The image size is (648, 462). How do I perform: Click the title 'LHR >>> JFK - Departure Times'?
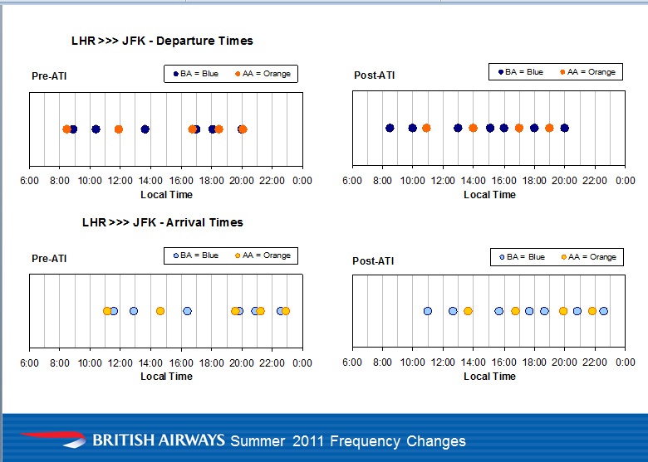[162, 41]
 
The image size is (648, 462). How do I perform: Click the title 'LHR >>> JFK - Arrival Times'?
[162, 222]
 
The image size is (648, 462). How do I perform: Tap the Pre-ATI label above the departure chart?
[49, 76]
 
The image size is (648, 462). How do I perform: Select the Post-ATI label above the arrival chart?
[374, 261]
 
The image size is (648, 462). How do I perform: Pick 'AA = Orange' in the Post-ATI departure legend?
[592, 72]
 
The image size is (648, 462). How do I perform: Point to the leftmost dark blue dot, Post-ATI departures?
[390, 128]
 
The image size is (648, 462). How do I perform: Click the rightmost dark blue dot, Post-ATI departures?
[564, 128]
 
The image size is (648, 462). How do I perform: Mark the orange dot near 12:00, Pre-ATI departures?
[118, 129]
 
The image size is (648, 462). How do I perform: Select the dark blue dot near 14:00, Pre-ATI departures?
[145, 129]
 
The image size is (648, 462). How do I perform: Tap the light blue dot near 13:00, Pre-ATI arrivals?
[134, 311]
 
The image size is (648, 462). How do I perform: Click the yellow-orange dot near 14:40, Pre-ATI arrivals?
[160, 311]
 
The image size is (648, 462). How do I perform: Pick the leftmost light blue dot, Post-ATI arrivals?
[427, 311]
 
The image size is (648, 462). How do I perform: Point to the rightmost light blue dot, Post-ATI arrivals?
[603, 311]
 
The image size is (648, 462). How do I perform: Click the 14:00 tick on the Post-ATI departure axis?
[474, 180]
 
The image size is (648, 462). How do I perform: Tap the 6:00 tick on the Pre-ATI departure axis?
[29, 181]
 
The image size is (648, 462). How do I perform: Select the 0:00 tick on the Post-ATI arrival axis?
[626, 362]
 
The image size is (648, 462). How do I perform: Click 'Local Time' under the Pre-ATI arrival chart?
[166, 377]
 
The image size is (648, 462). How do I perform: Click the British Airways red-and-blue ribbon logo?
[52, 439]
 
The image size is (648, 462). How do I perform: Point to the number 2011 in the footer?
[309, 441]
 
